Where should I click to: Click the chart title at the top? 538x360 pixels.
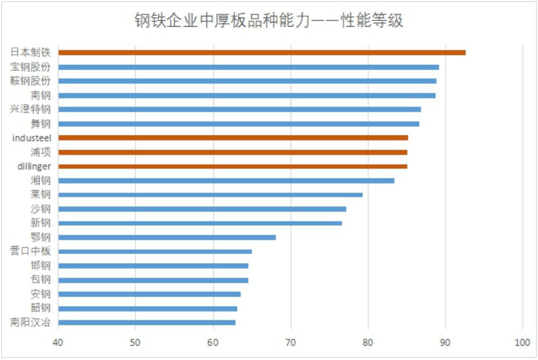[269, 21]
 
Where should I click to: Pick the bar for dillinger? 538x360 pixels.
[233, 166]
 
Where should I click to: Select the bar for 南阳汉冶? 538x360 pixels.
[147, 322]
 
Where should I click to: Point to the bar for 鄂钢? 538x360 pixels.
[167, 237]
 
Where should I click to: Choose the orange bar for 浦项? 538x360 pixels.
[233, 152]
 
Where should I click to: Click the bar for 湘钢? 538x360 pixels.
[226, 181]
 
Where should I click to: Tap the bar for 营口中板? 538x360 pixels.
[155, 251]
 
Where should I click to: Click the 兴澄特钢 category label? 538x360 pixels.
[30, 110]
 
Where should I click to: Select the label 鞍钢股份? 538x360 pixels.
[30, 81]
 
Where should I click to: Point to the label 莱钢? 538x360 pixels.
[40, 194]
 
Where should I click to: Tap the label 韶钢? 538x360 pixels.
[40, 308]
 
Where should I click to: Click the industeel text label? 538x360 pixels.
[31, 138]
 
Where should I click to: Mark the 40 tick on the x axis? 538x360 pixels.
[58, 342]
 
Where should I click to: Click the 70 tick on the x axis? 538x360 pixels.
[291, 342]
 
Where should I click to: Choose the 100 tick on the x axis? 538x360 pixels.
[523, 342]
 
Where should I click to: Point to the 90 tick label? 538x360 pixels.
[445, 342]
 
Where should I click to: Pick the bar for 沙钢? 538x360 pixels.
[202, 209]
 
